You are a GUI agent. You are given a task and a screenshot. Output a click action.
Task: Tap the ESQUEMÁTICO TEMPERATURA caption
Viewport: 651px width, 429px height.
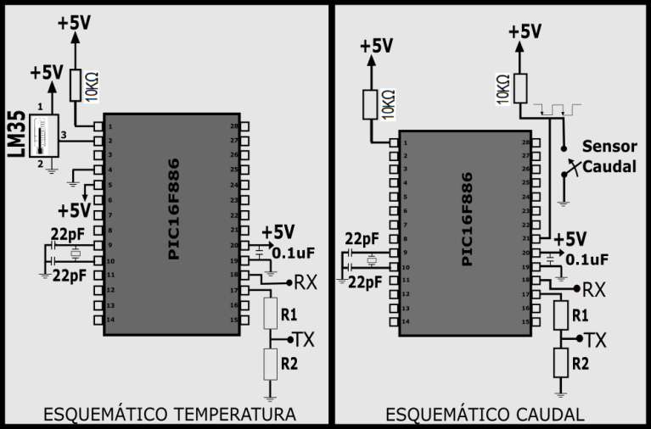pos(169,415)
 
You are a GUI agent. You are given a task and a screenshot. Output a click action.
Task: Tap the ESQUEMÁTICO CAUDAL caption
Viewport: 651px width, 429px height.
pos(485,415)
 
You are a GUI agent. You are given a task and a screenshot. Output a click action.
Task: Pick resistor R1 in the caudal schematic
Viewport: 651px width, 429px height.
pos(560,315)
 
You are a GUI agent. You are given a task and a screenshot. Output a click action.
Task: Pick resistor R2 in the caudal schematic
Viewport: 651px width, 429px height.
pos(560,364)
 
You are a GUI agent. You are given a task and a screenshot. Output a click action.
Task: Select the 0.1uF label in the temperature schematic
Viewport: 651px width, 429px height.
pos(294,252)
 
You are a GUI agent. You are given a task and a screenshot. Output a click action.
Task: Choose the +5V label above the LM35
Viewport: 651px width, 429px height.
pos(47,73)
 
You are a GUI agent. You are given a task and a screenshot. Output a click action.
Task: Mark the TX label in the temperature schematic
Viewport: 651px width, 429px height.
pos(304,339)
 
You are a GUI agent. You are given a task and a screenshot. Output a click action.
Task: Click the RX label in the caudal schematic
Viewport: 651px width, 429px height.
pos(593,289)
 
